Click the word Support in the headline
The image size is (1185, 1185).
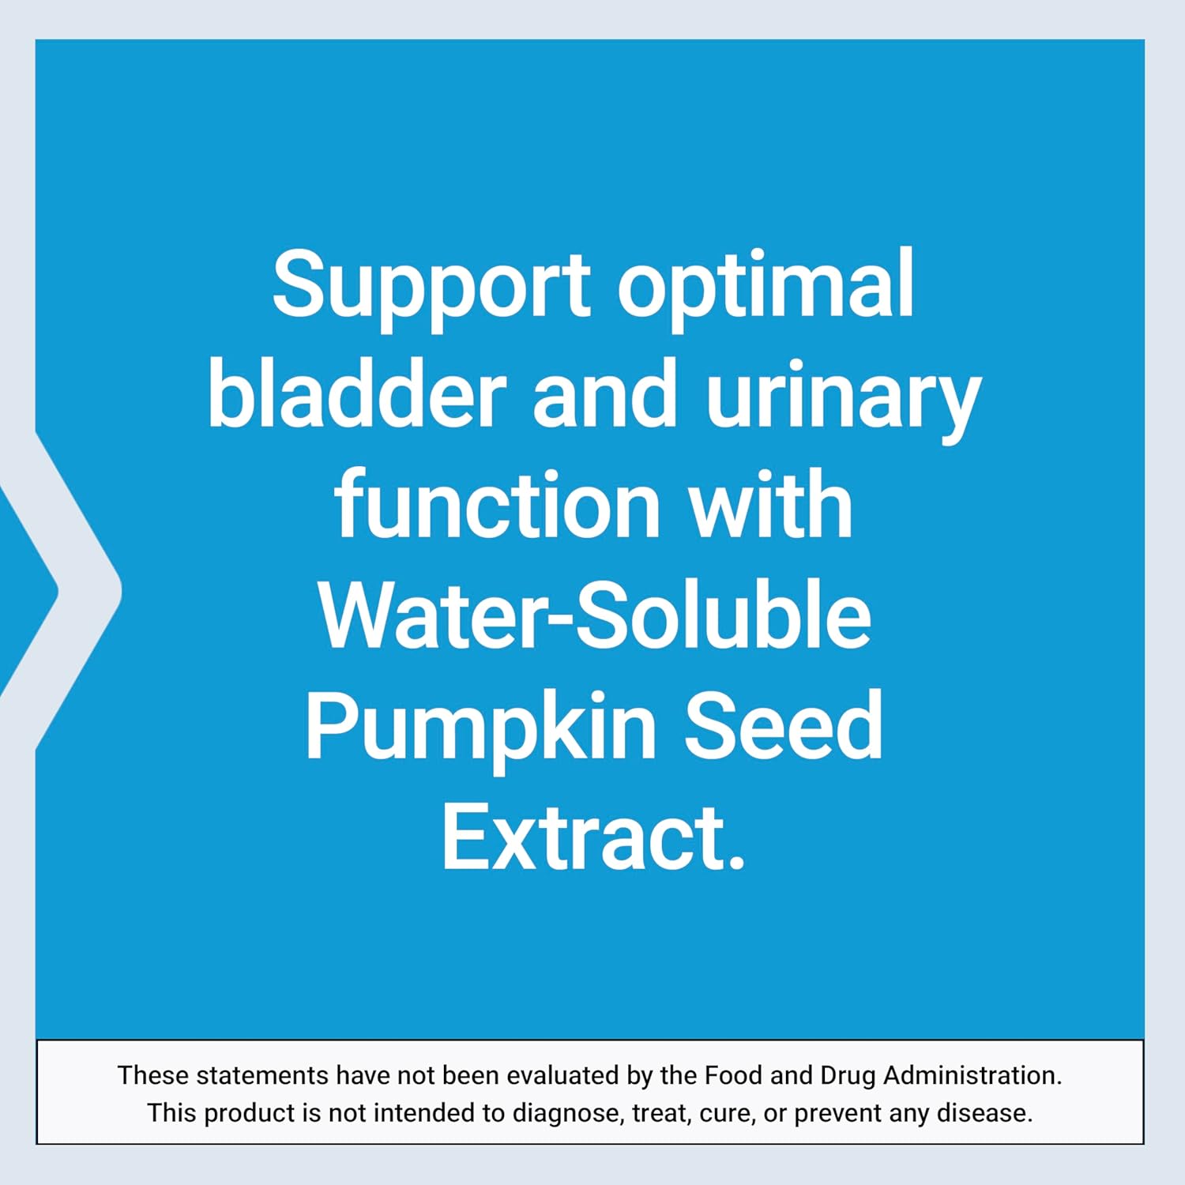(x=431, y=284)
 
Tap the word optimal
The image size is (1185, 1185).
(x=765, y=284)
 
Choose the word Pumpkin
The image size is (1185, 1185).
(x=480, y=727)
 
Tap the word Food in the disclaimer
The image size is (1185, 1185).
(x=734, y=1075)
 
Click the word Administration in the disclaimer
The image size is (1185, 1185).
(x=972, y=1075)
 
